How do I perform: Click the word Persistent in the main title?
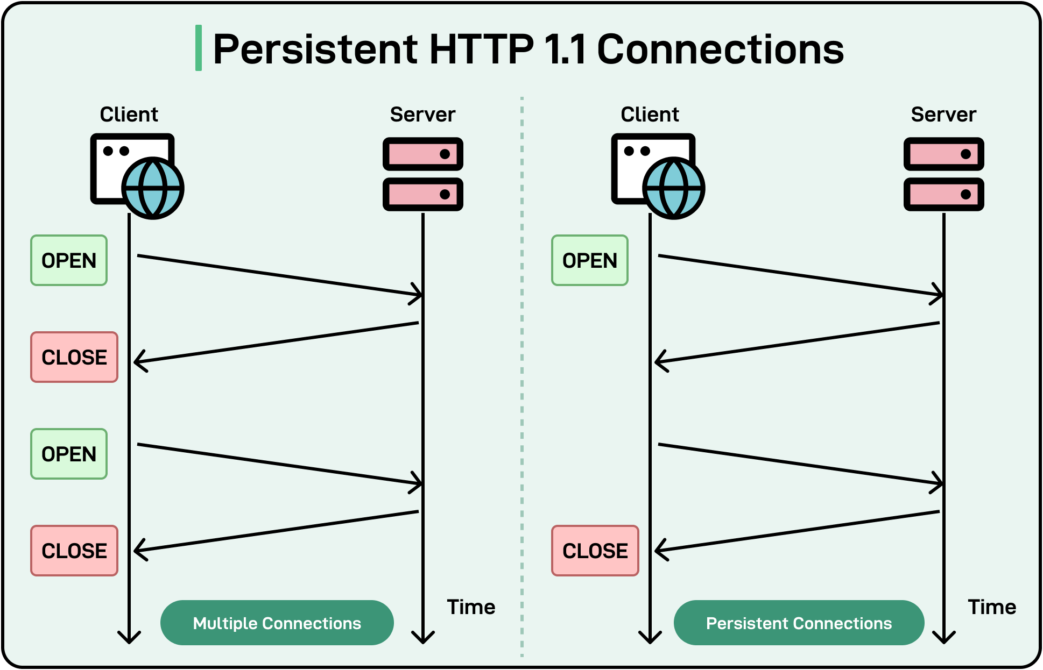click(x=315, y=49)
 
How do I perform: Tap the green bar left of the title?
click(x=199, y=48)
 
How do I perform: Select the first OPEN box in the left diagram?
click(x=69, y=260)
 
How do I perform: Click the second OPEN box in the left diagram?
click(x=69, y=454)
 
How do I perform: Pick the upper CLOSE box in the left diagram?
click(x=74, y=357)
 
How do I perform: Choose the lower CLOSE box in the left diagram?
click(x=74, y=551)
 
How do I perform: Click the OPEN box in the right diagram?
click(x=590, y=260)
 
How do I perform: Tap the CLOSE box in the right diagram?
click(x=595, y=551)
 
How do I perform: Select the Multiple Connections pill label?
click(x=277, y=623)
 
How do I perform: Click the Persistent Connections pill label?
click(x=799, y=623)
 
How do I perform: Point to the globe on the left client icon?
click(x=153, y=188)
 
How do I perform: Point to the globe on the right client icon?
click(x=674, y=188)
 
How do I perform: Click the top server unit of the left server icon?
click(x=422, y=154)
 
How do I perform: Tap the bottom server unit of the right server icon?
click(x=943, y=194)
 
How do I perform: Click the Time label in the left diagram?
click(x=471, y=607)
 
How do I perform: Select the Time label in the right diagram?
click(x=992, y=607)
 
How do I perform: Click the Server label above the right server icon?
click(x=943, y=115)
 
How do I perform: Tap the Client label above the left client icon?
click(x=129, y=115)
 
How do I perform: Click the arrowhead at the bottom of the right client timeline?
click(x=650, y=638)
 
